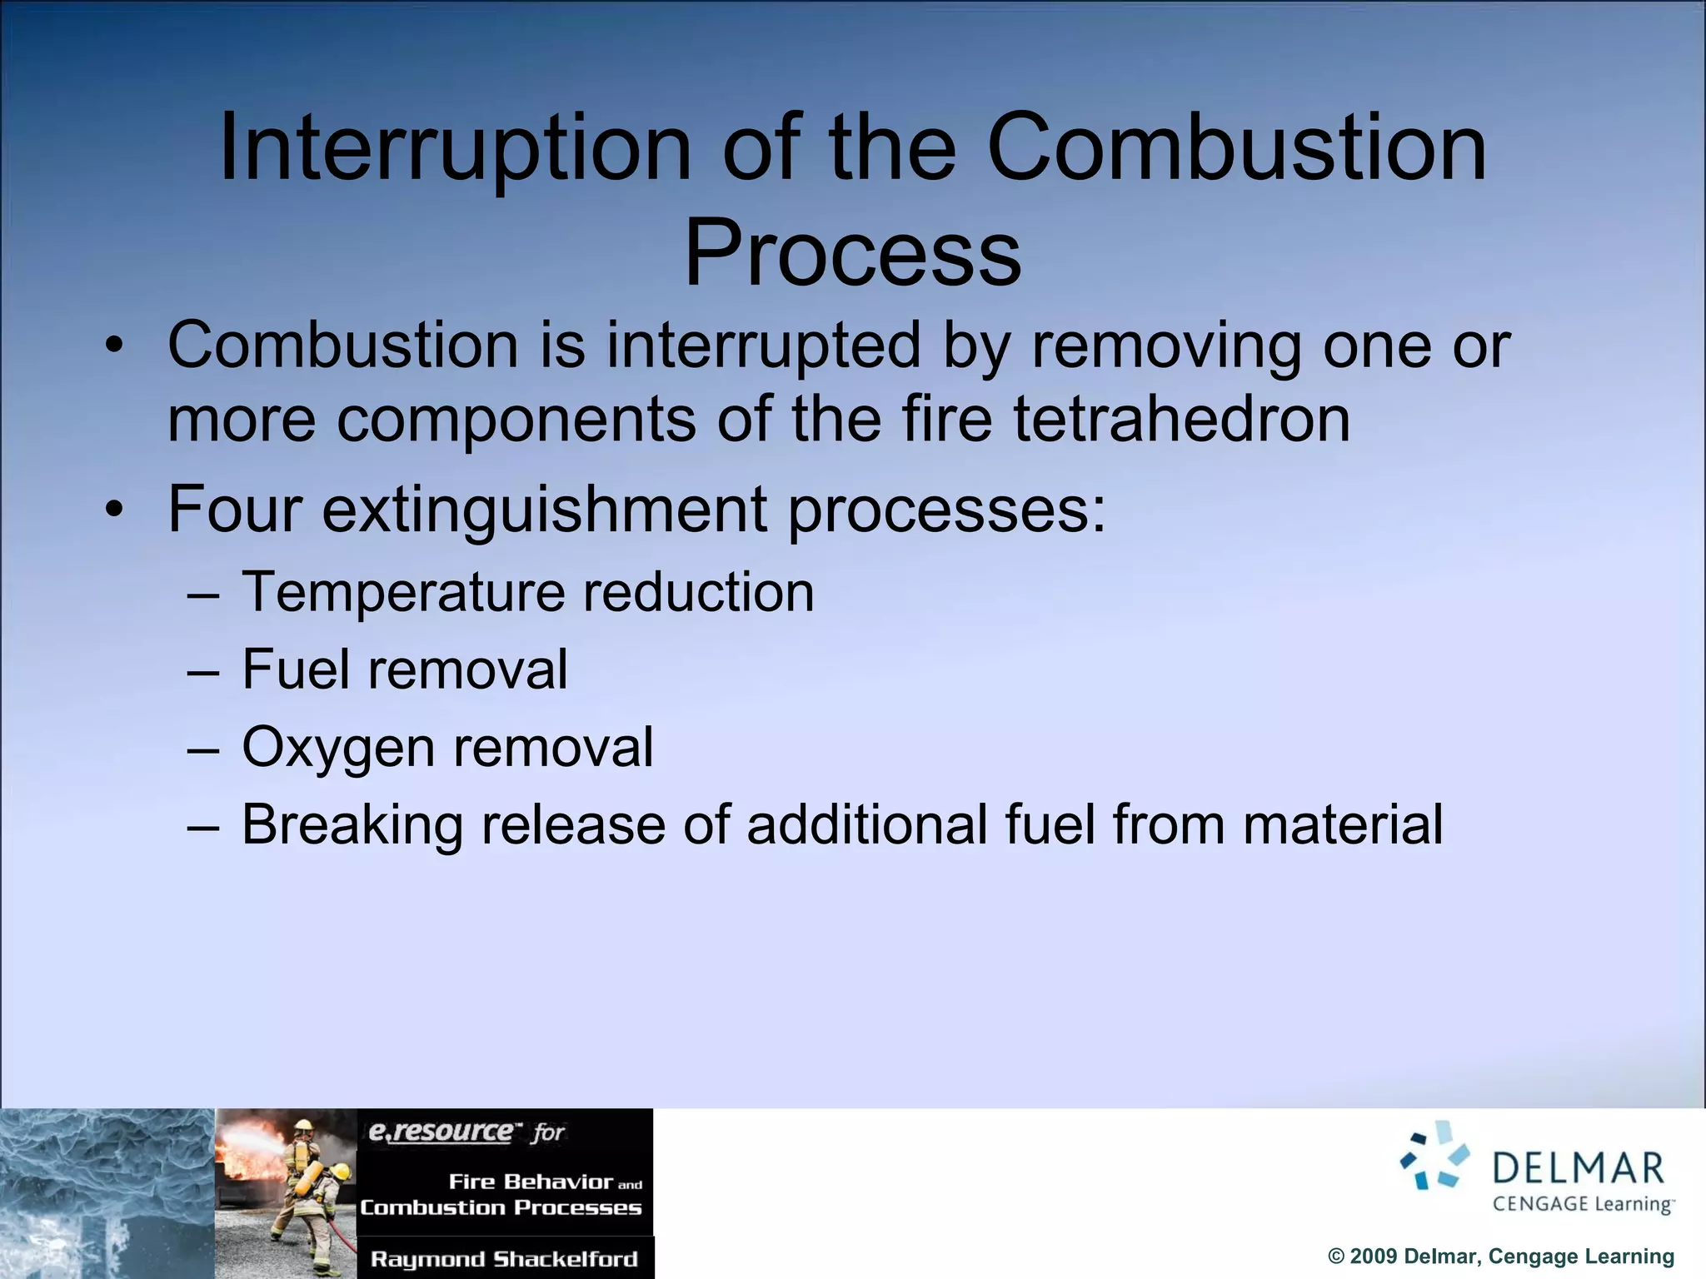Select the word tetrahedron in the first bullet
coord(1181,419)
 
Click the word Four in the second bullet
coord(234,509)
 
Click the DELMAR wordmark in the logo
coord(1578,1168)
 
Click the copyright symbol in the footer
coord(1336,1257)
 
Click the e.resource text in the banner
coord(441,1132)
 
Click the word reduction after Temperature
coord(698,593)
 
